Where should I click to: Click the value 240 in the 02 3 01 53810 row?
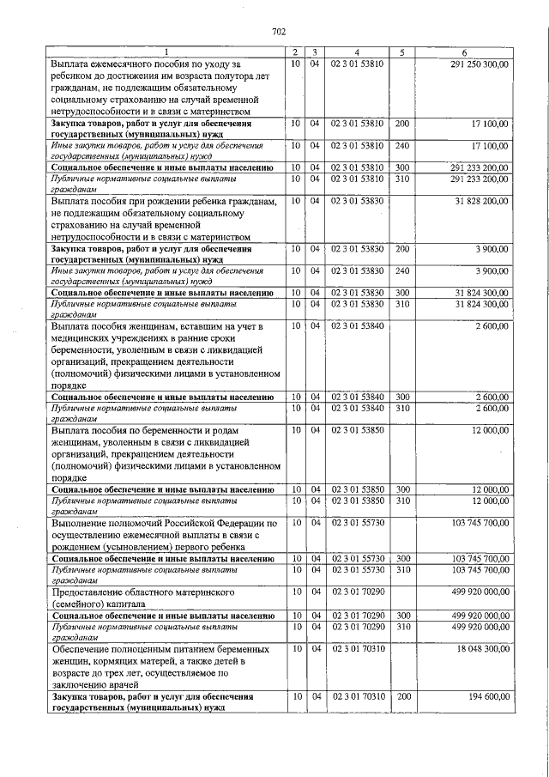[x=402, y=147]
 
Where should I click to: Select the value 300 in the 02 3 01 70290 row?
[x=402, y=616]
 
